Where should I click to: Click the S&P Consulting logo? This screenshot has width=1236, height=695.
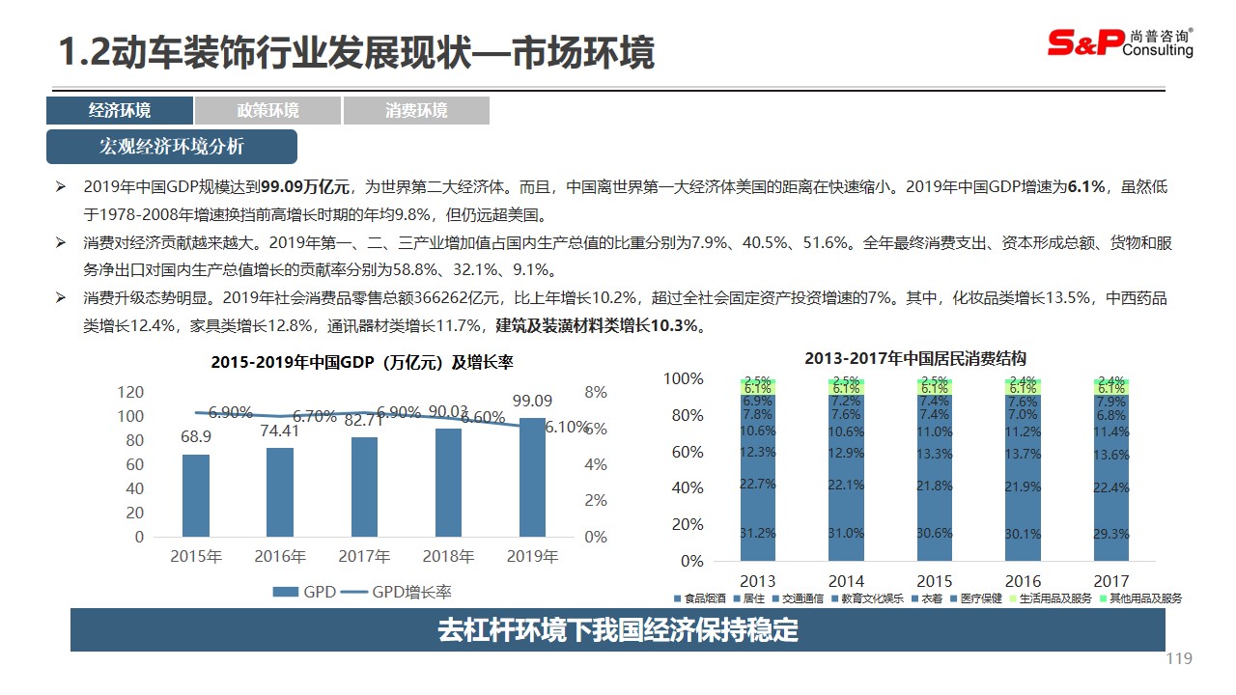pyautogui.click(x=1120, y=42)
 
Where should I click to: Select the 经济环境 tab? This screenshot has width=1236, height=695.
pyautogui.click(x=120, y=111)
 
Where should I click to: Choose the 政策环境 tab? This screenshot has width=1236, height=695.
pyautogui.click(x=267, y=111)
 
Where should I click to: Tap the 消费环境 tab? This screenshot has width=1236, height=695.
pyautogui.click(x=416, y=111)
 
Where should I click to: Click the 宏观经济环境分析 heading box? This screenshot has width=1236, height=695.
pyautogui.click(x=172, y=147)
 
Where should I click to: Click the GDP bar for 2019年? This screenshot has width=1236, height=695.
pyautogui.click(x=532, y=477)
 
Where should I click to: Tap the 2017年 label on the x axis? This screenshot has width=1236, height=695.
pyautogui.click(x=364, y=556)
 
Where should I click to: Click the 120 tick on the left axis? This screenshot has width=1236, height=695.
pyautogui.click(x=130, y=392)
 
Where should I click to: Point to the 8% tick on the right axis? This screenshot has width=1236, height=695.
pyautogui.click(x=596, y=392)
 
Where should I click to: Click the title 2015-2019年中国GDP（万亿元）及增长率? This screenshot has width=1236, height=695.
pyautogui.click(x=362, y=363)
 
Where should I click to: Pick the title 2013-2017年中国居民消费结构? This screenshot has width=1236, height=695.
pyautogui.click(x=914, y=358)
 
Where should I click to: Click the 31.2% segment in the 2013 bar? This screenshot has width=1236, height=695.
pyautogui.click(x=758, y=533)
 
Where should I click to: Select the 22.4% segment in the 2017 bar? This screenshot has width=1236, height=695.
pyautogui.click(x=1111, y=488)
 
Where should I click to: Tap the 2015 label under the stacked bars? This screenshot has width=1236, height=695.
pyautogui.click(x=934, y=581)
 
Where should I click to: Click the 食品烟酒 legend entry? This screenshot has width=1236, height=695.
pyautogui.click(x=702, y=598)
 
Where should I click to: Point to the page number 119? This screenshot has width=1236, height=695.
pyautogui.click(x=1179, y=658)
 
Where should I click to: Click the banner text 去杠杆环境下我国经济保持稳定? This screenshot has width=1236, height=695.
pyautogui.click(x=618, y=630)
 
